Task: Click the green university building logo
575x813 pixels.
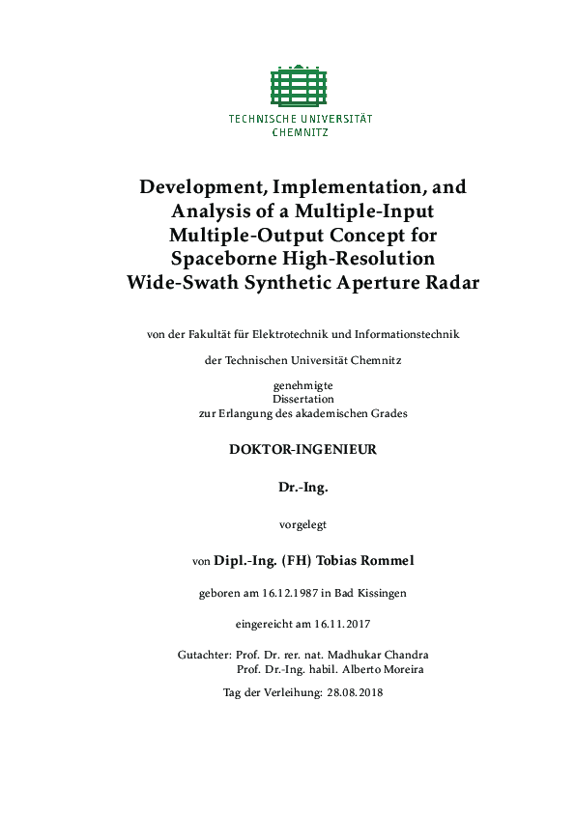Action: tap(300, 86)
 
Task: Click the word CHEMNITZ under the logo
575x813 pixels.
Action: tap(300, 132)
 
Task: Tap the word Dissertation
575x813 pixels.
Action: tap(302, 399)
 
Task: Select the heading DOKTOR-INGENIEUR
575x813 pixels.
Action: tap(302, 449)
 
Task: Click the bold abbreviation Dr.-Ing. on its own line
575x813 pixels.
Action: tap(302, 488)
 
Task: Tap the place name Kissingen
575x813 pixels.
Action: tap(382, 593)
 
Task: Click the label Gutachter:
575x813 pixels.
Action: tap(204, 655)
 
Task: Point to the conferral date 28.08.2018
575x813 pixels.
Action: tap(356, 693)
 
